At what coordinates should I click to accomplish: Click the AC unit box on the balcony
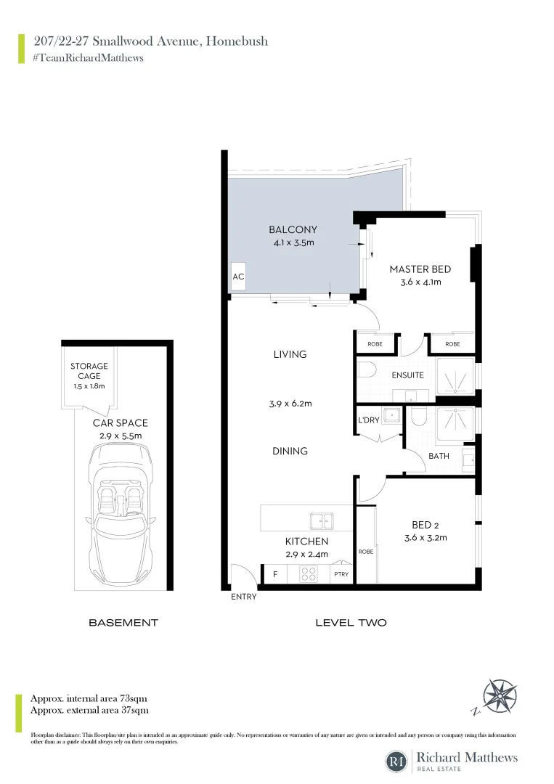(237, 277)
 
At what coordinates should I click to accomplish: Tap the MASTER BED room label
(415, 269)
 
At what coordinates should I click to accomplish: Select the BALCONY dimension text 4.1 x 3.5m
(293, 242)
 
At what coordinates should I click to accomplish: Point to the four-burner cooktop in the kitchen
(309, 574)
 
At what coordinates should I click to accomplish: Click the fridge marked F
(275, 574)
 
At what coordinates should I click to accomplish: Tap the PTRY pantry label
(341, 574)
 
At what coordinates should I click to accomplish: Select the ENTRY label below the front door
(244, 597)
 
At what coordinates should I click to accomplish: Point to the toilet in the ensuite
(367, 371)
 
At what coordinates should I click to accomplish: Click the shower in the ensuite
(455, 376)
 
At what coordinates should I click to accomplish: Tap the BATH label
(439, 457)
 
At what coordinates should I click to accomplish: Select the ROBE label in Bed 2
(365, 552)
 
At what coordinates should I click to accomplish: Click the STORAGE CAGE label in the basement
(89, 371)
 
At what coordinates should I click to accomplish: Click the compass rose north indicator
(499, 695)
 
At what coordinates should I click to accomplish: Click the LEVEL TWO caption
(351, 623)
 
